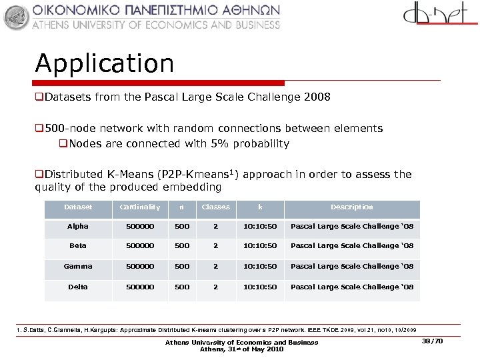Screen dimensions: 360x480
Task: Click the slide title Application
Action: coord(105,64)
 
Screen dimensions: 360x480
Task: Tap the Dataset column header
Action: coord(78,207)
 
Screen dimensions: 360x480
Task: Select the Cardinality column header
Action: coord(140,207)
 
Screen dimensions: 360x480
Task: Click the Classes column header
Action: coord(215,207)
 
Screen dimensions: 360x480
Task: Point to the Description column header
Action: coord(352,207)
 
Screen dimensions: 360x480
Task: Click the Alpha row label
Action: coord(78,227)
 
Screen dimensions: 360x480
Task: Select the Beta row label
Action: coord(78,246)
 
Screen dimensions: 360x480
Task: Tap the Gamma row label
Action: coord(78,267)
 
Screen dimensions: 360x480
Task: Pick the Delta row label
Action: coord(78,287)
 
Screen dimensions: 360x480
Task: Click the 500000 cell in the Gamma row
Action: coord(140,267)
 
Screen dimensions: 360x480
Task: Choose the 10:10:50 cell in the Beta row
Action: coord(260,246)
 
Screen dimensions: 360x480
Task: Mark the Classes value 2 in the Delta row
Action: coord(215,287)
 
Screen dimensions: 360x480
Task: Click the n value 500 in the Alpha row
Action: coord(181,227)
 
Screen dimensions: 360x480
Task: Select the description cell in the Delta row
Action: coord(352,287)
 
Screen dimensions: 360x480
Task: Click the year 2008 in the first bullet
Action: coord(316,97)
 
